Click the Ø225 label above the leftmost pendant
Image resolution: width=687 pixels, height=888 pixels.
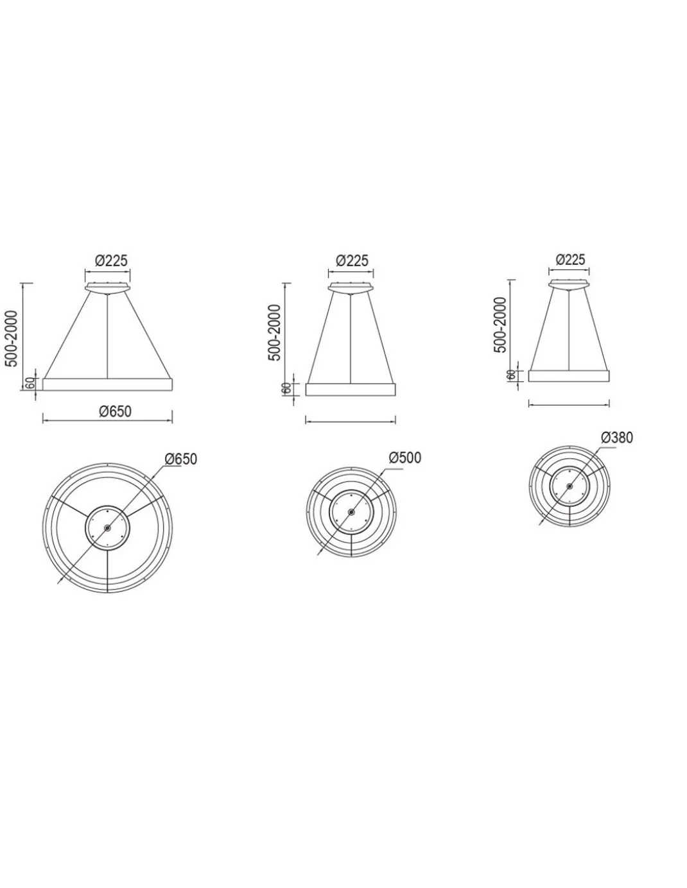click(x=111, y=260)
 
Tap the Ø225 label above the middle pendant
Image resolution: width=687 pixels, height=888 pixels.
click(x=352, y=260)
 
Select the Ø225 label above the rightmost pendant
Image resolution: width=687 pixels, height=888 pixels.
click(x=570, y=259)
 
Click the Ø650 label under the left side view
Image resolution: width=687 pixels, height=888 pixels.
click(x=116, y=411)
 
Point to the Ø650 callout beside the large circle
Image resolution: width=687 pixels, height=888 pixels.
click(x=181, y=459)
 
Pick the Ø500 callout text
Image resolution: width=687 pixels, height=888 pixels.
click(x=405, y=457)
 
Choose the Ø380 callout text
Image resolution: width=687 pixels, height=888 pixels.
click(x=617, y=438)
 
